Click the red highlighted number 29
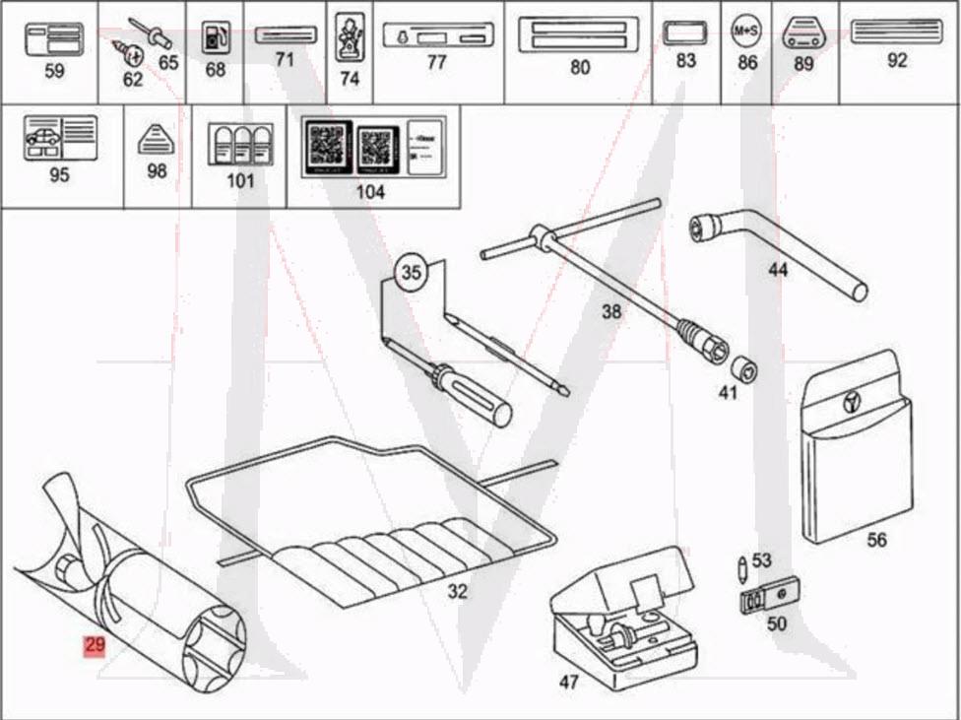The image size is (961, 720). [x=95, y=646]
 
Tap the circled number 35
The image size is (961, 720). [x=415, y=273]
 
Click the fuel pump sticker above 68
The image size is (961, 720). [x=214, y=37]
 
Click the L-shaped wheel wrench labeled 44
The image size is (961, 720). [x=778, y=246]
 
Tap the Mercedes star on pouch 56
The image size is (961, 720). [x=853, y=402]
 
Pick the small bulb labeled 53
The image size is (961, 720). [x=740, y=568]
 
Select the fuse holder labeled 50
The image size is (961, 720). [x=768, y=597]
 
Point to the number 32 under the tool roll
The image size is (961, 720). [x=457, y=592]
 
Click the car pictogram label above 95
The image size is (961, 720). [x=60, y=138]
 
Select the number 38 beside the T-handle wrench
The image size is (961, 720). [x=611, y=312]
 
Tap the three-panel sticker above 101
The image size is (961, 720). [x=240, y=144]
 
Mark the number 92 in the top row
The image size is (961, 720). [x=897, y=60]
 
